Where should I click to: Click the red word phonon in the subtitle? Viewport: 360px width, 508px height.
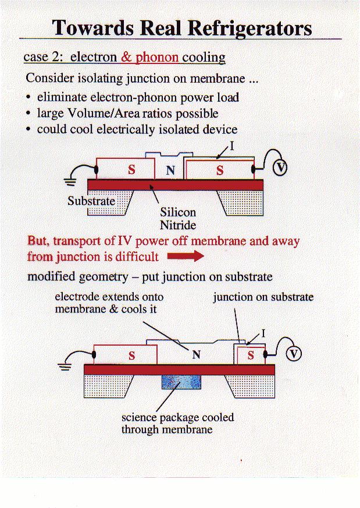pyautogui.click(x=157, y=58)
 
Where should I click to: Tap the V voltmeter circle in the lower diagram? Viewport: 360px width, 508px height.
pyautogui.click(x=294, y=354)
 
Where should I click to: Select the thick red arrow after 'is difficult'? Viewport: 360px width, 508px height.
pyautogui.click(x=186, y=256)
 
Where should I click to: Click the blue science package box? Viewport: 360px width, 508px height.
pyautogui.click(x=181, y=382)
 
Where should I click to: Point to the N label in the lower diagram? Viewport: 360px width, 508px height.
pyautogui.click(x=197, y=356)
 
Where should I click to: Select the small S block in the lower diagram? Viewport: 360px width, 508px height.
pyautogui.click(x=251, y=356)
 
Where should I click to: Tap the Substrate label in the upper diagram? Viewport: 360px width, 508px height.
pyautogui.click(x=91, y=201)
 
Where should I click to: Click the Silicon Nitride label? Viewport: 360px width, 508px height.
pyautogui.click(x=178, y=219)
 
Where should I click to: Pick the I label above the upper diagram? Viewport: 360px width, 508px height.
pyautogui.click(x=232, y=146)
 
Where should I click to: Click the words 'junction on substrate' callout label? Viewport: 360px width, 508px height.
pyautogui.click(x=263, y=297)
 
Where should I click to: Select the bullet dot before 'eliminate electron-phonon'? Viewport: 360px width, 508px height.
pyautogui.click(x=29, y=98)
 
